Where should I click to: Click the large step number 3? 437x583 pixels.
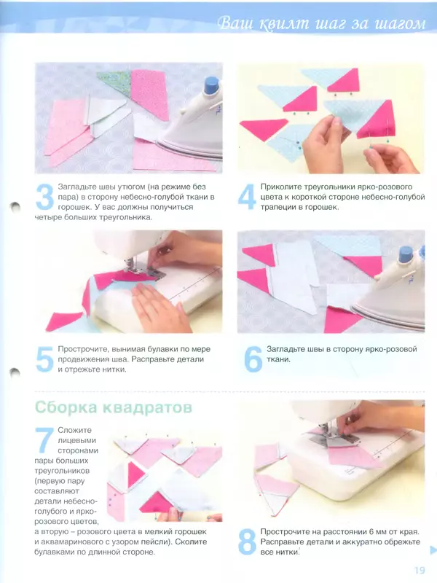(x=45, y=198)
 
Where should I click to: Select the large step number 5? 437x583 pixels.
(x=45, y=359)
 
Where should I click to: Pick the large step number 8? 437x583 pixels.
(x=248, y=543)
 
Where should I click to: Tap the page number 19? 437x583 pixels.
(x=418, y=571)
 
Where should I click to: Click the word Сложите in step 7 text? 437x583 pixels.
(x=75, y=431)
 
